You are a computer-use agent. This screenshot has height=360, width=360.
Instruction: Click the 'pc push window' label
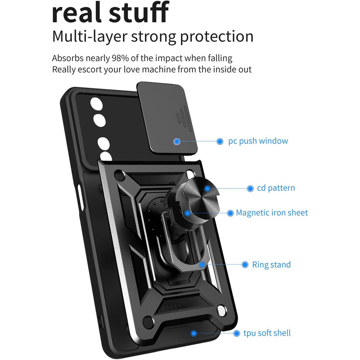click(x=257, y=141)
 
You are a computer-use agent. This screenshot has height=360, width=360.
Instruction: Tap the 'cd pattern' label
click(x=276, y=188)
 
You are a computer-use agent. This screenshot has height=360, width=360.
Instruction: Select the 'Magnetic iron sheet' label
click(x=272, y=213)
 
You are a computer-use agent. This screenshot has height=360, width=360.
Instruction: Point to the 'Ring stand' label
click(x=271, y=265)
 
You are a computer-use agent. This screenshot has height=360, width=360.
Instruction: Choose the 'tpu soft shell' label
click(x=267, y=333)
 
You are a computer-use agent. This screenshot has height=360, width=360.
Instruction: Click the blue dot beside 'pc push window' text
click(x=220, y=141)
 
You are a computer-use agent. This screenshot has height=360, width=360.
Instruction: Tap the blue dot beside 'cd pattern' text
click(x=250, y=188)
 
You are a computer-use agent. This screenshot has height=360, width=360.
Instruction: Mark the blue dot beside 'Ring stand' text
click(x=245, y=265)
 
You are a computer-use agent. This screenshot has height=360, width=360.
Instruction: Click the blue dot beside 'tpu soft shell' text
click(x=236, y=333)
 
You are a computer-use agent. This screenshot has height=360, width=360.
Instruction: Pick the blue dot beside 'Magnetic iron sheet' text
click(x=230, y=213)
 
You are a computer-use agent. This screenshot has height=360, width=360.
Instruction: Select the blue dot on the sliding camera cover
click(x=177, y=141)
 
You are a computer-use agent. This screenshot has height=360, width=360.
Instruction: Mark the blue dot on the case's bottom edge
click(x=194, y=333)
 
